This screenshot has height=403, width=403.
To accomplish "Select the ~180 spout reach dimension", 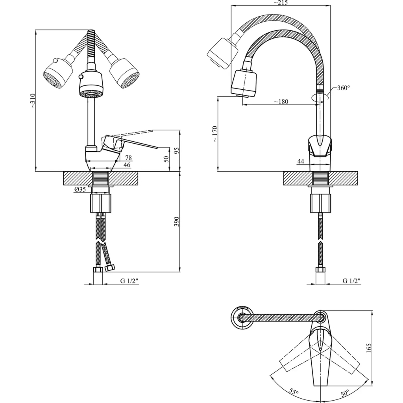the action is [281, 102].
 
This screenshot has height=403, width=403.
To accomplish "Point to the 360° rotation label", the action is [344, 88].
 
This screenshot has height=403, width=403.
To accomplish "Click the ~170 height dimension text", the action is [215, 134].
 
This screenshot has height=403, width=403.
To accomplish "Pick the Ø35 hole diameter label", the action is [80, 190].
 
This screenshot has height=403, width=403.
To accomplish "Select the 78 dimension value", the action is [129, 158].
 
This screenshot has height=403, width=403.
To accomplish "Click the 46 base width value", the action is [127, 165].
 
